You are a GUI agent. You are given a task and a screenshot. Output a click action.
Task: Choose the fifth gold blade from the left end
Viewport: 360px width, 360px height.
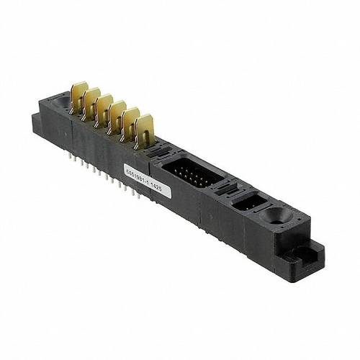pyautogui.click(x=130, y=123)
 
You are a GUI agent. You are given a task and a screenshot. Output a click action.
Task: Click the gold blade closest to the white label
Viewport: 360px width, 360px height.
pyautogui.click(x=144, y=130)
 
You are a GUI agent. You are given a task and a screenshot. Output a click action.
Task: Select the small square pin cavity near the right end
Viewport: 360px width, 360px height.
pyautogui.click(x=246, y=202)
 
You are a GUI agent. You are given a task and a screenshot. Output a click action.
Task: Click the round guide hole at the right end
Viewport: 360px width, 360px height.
pyautogui.click(x=276, y=215)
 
